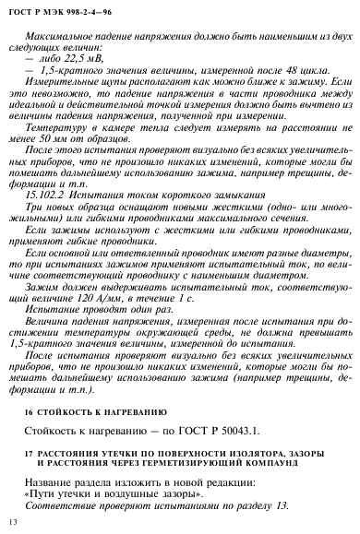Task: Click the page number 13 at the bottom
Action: point(13,523)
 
